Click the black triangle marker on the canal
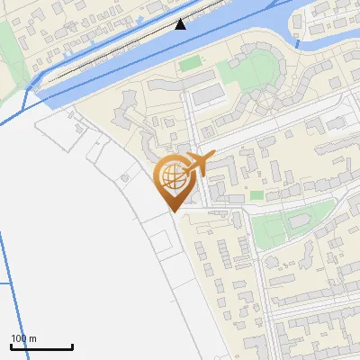pyautogui.click(x=181, y=23)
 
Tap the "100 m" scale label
pyautogui.click(x=23, y=338)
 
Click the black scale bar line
pyautogui.click(x=41, y=346)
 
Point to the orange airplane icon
pyautogui.click(x=199, y=163)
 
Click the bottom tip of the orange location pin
pyautogui.click(x=172, y=211)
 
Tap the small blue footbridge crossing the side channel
pyautogui.click(x=300, y=40)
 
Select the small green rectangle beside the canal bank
pyautogui.click(x=190, y=63)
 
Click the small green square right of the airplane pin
pyautogui.click(x=257, y=194)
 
